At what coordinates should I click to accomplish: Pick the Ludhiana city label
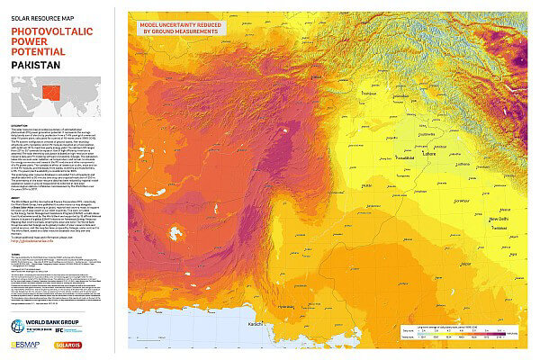[x=464, y=165]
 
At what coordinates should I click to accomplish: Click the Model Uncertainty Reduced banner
[x=181, y=27]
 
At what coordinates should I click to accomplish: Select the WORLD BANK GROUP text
[x=49, y=322]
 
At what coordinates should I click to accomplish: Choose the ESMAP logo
[x=25, y=346]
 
